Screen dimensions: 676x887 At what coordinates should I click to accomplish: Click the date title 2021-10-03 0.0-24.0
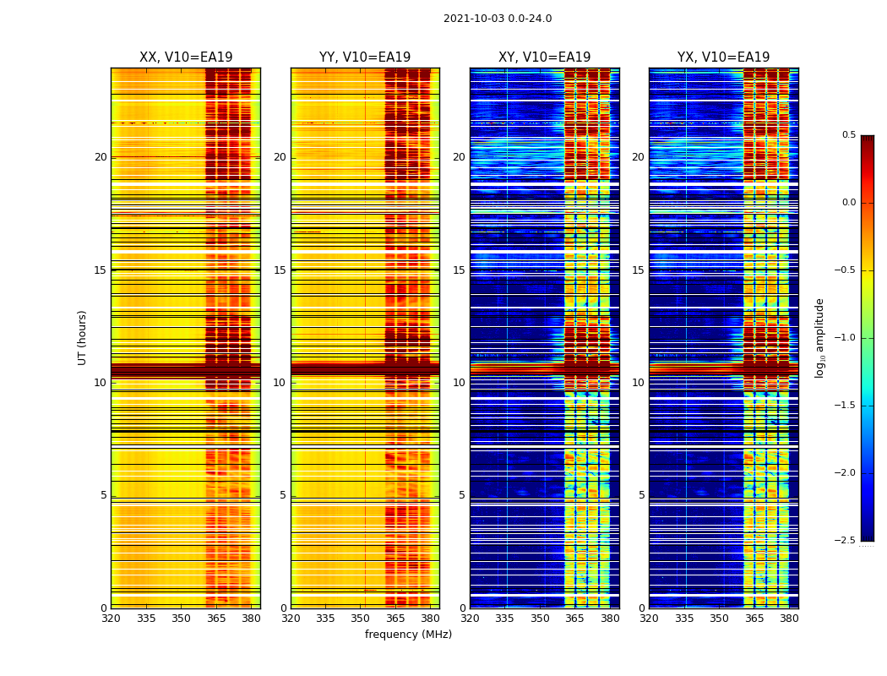point(498,19)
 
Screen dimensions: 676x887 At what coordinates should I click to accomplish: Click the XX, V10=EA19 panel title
point(186,57)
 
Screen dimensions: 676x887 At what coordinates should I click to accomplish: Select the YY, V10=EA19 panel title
point(365,57)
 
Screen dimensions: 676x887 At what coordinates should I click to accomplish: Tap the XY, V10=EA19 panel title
point(544,57)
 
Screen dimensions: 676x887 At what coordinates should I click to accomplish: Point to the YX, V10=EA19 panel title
point(723,57)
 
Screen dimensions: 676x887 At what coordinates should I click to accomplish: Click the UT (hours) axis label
point(83,337)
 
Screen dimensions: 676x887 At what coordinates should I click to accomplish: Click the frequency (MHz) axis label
point(408,635)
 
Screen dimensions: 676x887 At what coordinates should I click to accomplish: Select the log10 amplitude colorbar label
point(819,337)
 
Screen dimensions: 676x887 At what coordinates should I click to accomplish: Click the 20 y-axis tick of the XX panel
point(101,157)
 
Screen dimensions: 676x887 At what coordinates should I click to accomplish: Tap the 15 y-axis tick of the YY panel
point(280,270)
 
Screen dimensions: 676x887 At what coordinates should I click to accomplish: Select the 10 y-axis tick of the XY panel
point(459,383)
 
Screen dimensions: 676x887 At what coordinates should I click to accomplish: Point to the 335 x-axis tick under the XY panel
point(504,618)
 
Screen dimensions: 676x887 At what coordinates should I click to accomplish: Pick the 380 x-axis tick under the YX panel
point(789,618)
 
